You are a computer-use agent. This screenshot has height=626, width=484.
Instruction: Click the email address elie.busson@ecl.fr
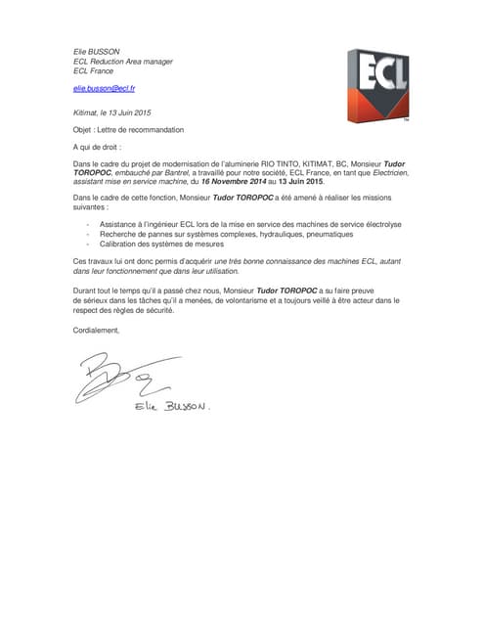[105, 89]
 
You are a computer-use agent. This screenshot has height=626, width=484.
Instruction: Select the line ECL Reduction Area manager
[123, 62]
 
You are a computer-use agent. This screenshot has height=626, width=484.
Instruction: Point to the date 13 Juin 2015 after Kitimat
[130, 112]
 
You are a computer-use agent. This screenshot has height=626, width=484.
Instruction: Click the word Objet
[85, 129]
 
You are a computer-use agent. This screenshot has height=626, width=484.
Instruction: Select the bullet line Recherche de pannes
[205, 235]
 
